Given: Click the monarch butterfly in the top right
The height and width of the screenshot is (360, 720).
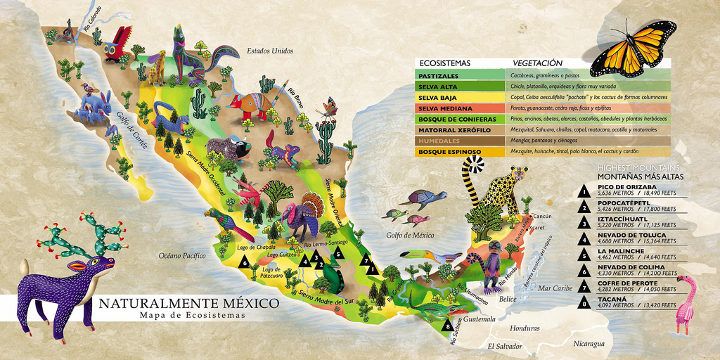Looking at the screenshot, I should pos(633,47).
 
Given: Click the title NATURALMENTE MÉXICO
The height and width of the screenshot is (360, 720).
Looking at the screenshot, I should pos(188,304).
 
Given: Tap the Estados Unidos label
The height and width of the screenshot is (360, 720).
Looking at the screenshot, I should pos(269,51).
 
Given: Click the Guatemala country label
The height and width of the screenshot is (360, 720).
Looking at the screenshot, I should pos(479,319).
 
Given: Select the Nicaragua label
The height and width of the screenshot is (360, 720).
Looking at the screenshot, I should pos(589,344).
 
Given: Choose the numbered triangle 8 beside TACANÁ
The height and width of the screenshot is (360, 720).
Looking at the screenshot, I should pos(583,304).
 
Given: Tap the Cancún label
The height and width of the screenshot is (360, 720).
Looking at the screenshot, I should pos(544,216).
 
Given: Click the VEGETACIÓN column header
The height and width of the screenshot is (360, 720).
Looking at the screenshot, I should pos(538,63).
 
